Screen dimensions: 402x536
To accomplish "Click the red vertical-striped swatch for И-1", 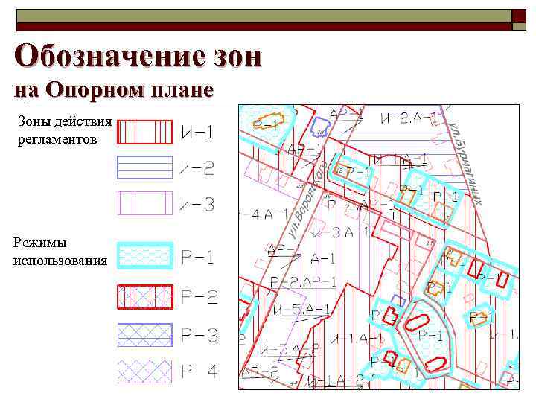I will click(x=145, y=133).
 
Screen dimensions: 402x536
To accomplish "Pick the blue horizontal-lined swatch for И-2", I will click(x=145, y=167).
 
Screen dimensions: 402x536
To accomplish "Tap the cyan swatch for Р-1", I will click(x=145, y=256).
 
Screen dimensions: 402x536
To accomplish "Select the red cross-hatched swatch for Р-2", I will click(x=145, y=297).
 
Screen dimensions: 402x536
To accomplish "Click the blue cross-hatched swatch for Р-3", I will click(x=145, y=335).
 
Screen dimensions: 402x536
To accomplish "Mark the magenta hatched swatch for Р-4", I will click(x=145, y=369).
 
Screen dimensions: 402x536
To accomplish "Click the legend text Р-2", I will click(x=199, y=298).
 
